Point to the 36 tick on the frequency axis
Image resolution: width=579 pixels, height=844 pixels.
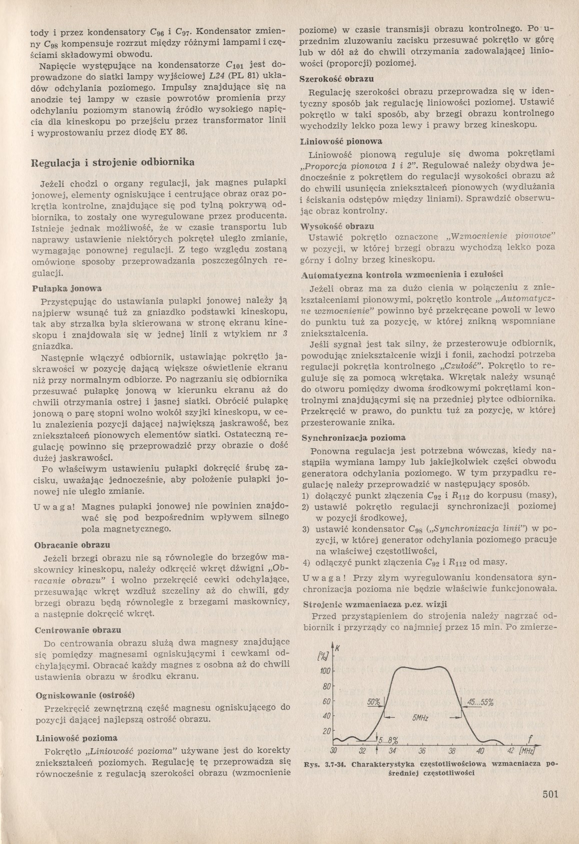[421, 751]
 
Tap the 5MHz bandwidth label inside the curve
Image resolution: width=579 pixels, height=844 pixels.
[420, 718]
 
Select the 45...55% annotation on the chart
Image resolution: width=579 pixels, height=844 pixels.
[479, 702]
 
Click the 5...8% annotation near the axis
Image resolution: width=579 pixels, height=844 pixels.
[388, 740]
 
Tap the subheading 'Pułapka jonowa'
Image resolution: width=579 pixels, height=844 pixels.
[67, 289]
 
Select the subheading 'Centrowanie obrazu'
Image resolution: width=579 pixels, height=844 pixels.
[79, 630]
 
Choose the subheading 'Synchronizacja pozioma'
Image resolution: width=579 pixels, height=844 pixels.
[353, 438]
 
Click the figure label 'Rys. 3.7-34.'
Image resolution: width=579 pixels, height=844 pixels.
[325, 765]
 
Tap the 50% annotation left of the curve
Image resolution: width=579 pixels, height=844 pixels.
[374, 702]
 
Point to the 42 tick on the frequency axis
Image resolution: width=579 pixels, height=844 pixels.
[510, 751]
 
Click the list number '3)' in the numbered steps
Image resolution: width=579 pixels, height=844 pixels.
[305, 529]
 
